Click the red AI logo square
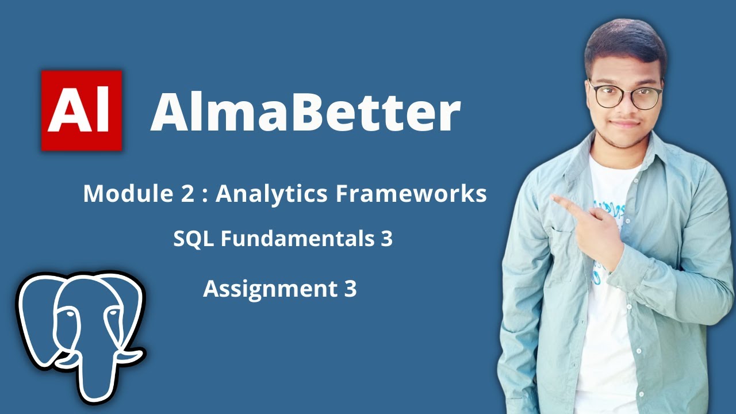(x=82, y=110)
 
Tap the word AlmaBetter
(x=305, y=112)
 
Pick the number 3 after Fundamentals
(x=386, y=239)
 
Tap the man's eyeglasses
(x=626, y=95)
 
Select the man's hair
(x=624, y=43)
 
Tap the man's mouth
(x=625, y=123)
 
